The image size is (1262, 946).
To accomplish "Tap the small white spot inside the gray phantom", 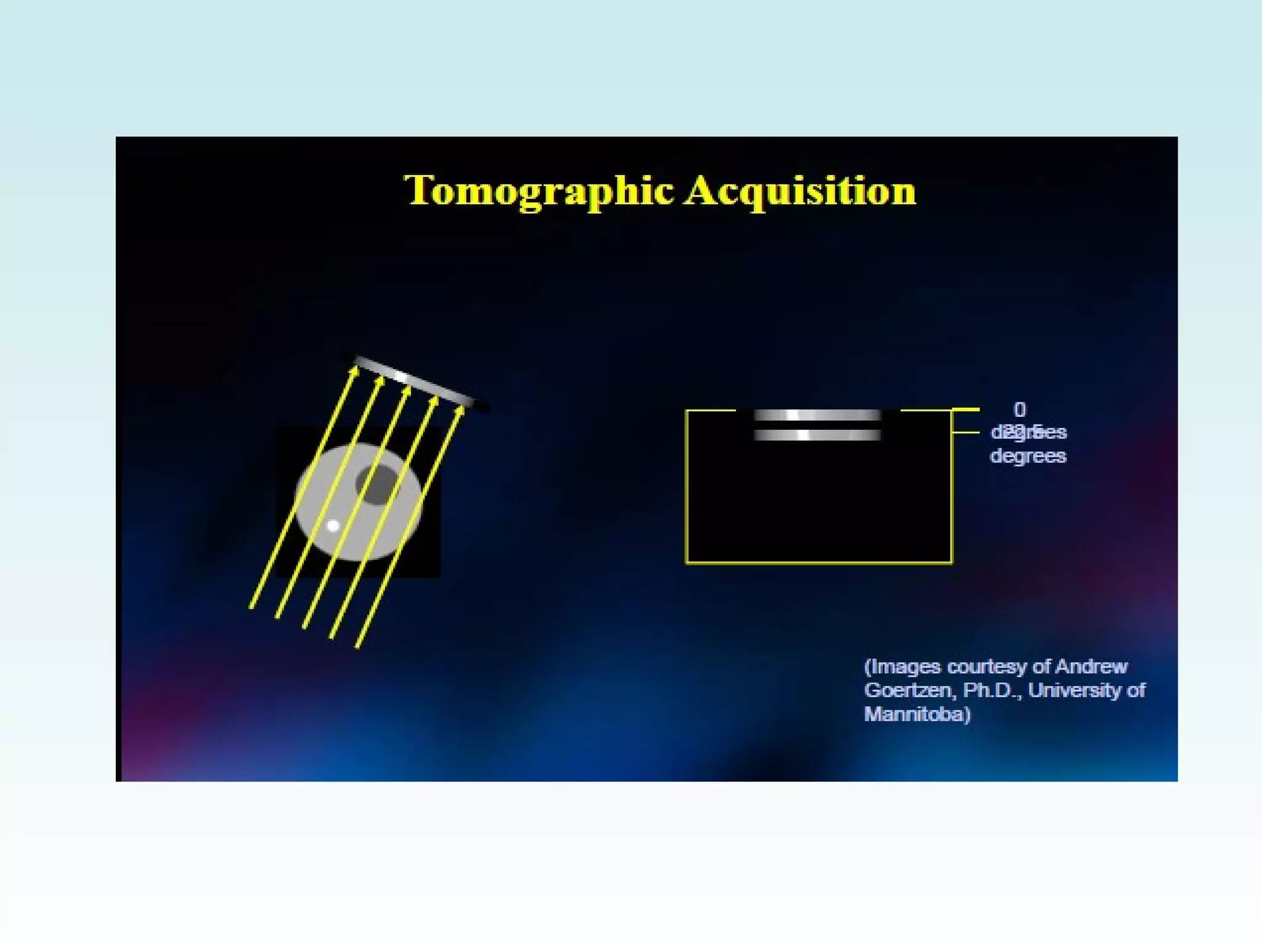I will [x=333, y=526].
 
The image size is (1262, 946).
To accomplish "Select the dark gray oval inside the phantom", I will [x=377, y=484].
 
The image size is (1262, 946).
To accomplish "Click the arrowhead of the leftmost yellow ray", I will [x=354, y=371].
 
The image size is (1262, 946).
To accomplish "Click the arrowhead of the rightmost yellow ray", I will [x=460, y=410].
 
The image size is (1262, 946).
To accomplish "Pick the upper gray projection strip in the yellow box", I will [x=817, y=415].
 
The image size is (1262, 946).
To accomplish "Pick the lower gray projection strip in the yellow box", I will [x=817, y=435].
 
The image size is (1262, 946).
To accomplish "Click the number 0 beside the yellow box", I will [x=1020, y=410].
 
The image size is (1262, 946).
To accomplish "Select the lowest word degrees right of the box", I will [x=1028, y=456].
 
